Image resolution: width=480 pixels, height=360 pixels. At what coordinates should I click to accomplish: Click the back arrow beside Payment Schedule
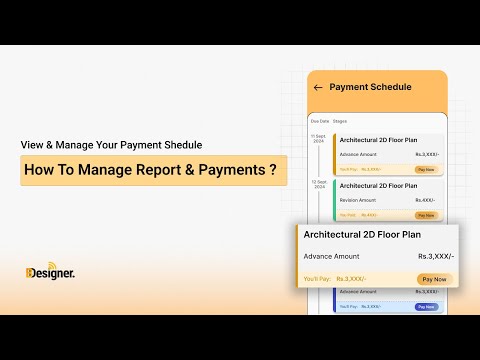(x=318, y=87)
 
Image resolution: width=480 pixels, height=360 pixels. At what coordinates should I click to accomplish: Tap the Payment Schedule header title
(x=370, y=87)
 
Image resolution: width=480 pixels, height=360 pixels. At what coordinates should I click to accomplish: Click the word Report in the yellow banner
(x=158, y=170)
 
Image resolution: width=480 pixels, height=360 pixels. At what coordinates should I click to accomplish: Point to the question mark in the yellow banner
(x=273, y=170)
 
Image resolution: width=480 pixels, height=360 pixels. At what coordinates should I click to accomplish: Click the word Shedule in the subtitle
(x=186, y=143)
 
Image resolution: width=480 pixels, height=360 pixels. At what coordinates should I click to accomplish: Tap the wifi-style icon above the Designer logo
(x=31, y=265)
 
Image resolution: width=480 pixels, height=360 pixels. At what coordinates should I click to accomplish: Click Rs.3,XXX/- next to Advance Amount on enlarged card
(x=435, y=256)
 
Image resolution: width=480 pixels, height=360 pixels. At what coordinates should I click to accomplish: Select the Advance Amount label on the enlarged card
(x=331, y=256)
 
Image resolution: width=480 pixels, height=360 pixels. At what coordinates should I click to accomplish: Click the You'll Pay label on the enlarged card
(x=317, y=279)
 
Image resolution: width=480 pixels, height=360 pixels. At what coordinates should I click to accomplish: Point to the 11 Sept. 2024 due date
(x=319, y=139)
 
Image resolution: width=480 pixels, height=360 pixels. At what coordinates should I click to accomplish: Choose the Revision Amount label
(x=358, y=200)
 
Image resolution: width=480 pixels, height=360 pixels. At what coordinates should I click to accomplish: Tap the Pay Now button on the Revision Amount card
(x=426, y=214)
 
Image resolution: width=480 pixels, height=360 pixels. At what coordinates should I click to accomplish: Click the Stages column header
(x=340, y=121)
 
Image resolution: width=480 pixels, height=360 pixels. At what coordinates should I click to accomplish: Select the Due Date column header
(x=319, y=121)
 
